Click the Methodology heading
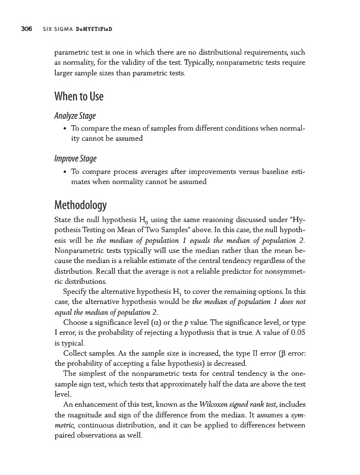80,206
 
